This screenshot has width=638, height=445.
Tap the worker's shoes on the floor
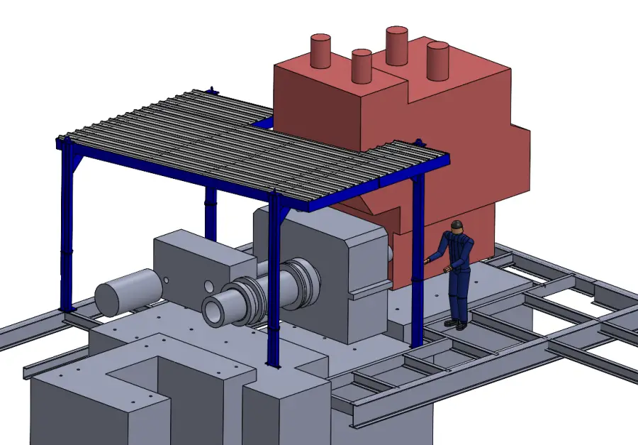[x=455, y=324]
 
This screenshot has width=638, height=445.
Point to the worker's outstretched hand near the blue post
[x=427, y=260]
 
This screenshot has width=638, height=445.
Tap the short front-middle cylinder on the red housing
[x=362, y=65]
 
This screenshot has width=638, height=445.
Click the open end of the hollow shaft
[x=216, y=309]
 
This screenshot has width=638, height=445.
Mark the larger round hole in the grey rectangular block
[x=208, y=286]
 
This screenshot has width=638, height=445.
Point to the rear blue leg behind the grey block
[x=211, y=213]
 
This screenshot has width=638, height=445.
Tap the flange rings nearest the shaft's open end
[x=245, y=302]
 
